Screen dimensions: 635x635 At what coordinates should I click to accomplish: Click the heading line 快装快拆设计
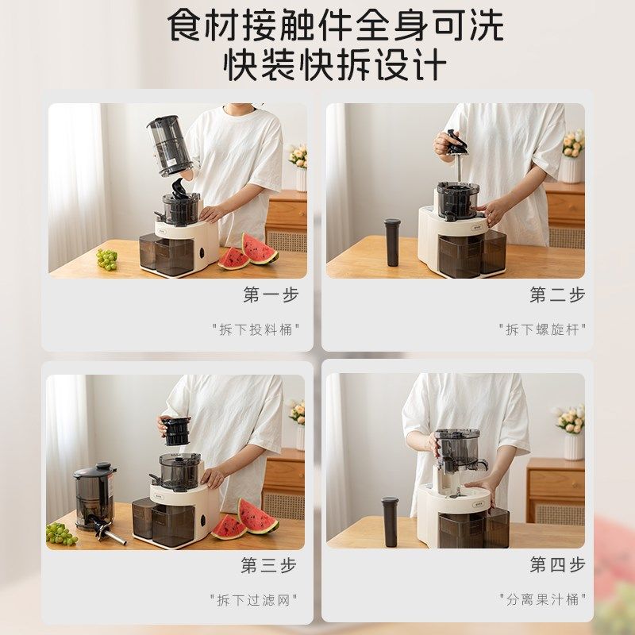pos(334,65)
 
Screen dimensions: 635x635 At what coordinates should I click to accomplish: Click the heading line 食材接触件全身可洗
pos(334,25)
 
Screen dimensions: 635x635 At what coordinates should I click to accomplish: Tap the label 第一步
pos(271,294)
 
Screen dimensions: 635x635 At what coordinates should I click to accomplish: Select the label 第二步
pos(557,294)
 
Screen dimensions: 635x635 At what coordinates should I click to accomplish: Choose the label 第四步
pos(557,565)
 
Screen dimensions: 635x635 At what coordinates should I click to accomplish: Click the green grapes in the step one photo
pos(106,259)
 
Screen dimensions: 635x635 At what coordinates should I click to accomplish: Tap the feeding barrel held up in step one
pos(169,144)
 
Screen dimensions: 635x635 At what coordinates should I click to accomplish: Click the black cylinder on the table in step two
pos(392,241)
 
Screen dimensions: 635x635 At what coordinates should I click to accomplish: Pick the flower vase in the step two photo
pos(571,167)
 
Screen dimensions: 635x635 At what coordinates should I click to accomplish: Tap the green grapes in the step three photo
pos(61,533)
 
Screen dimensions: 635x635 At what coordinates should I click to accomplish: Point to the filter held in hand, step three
pos(177,429)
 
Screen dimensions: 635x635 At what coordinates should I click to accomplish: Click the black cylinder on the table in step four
pos(390,521)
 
